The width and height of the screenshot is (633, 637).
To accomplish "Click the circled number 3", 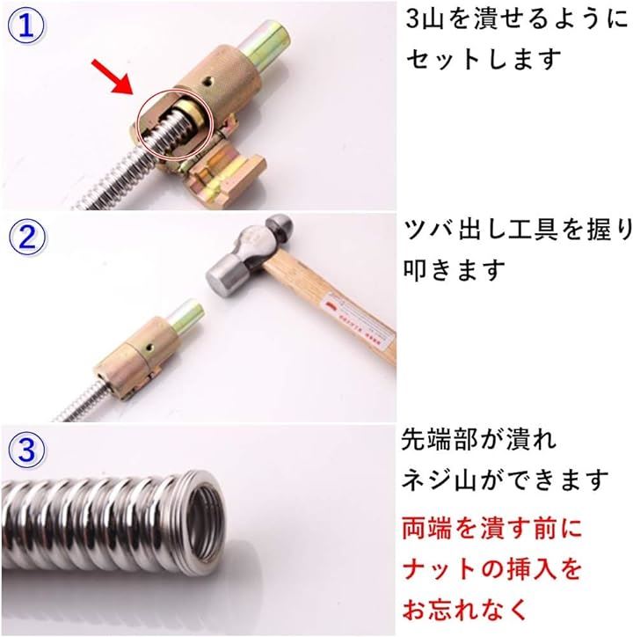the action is coord(26,450).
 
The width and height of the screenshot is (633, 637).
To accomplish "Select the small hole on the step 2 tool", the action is coord(150,348).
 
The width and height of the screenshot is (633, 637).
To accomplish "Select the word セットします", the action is coord(484,59).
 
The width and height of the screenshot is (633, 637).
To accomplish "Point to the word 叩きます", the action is coord(454,269).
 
